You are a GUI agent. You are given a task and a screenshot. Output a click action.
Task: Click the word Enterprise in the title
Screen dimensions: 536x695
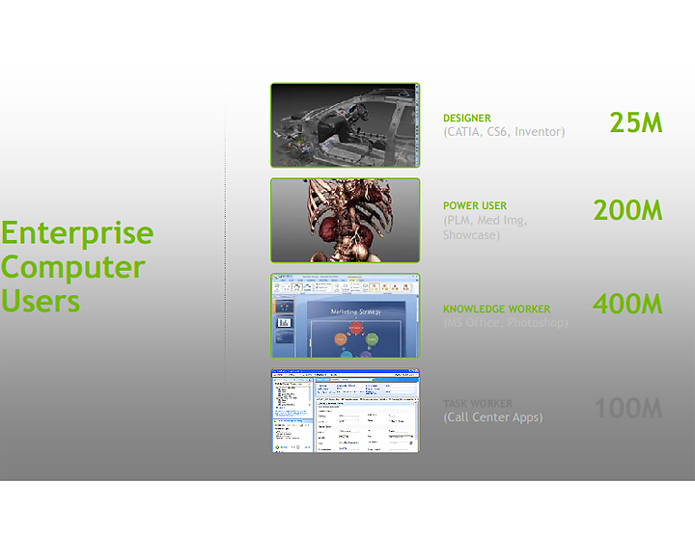77,233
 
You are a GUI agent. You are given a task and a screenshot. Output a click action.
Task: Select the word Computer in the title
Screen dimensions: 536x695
73,267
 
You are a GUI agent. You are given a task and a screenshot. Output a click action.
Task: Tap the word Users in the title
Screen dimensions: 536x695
41,301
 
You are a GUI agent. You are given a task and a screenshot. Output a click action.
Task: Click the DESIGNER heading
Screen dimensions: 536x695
467,119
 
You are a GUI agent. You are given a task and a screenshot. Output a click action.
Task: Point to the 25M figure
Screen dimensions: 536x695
635,122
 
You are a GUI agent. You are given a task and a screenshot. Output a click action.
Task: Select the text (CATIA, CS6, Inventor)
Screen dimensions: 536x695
504,132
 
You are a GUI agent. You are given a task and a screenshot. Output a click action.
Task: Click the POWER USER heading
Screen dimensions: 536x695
475,205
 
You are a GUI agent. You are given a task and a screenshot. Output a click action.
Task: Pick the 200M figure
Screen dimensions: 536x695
627,210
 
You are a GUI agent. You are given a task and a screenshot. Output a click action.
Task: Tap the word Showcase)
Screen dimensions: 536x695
471,234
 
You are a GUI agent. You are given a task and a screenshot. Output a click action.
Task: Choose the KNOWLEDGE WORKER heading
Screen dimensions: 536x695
496,309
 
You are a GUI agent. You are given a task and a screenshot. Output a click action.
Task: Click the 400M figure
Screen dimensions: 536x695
627,305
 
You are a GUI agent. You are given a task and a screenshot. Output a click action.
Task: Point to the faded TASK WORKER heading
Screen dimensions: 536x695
478,404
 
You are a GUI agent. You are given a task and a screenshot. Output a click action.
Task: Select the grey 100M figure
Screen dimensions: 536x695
627,409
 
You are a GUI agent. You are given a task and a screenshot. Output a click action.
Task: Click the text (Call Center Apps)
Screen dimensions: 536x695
492,417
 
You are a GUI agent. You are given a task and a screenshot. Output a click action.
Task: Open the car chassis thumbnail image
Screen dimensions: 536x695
345,125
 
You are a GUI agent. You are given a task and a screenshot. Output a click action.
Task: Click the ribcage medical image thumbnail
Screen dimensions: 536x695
345,221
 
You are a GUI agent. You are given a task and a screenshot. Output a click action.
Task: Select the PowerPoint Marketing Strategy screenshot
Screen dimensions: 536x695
345,316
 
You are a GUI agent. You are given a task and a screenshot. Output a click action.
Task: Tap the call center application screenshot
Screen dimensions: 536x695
345,411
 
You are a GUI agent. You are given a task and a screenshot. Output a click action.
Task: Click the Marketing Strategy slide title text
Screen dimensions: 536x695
356,311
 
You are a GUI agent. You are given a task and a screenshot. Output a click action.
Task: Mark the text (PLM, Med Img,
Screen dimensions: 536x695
485,220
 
